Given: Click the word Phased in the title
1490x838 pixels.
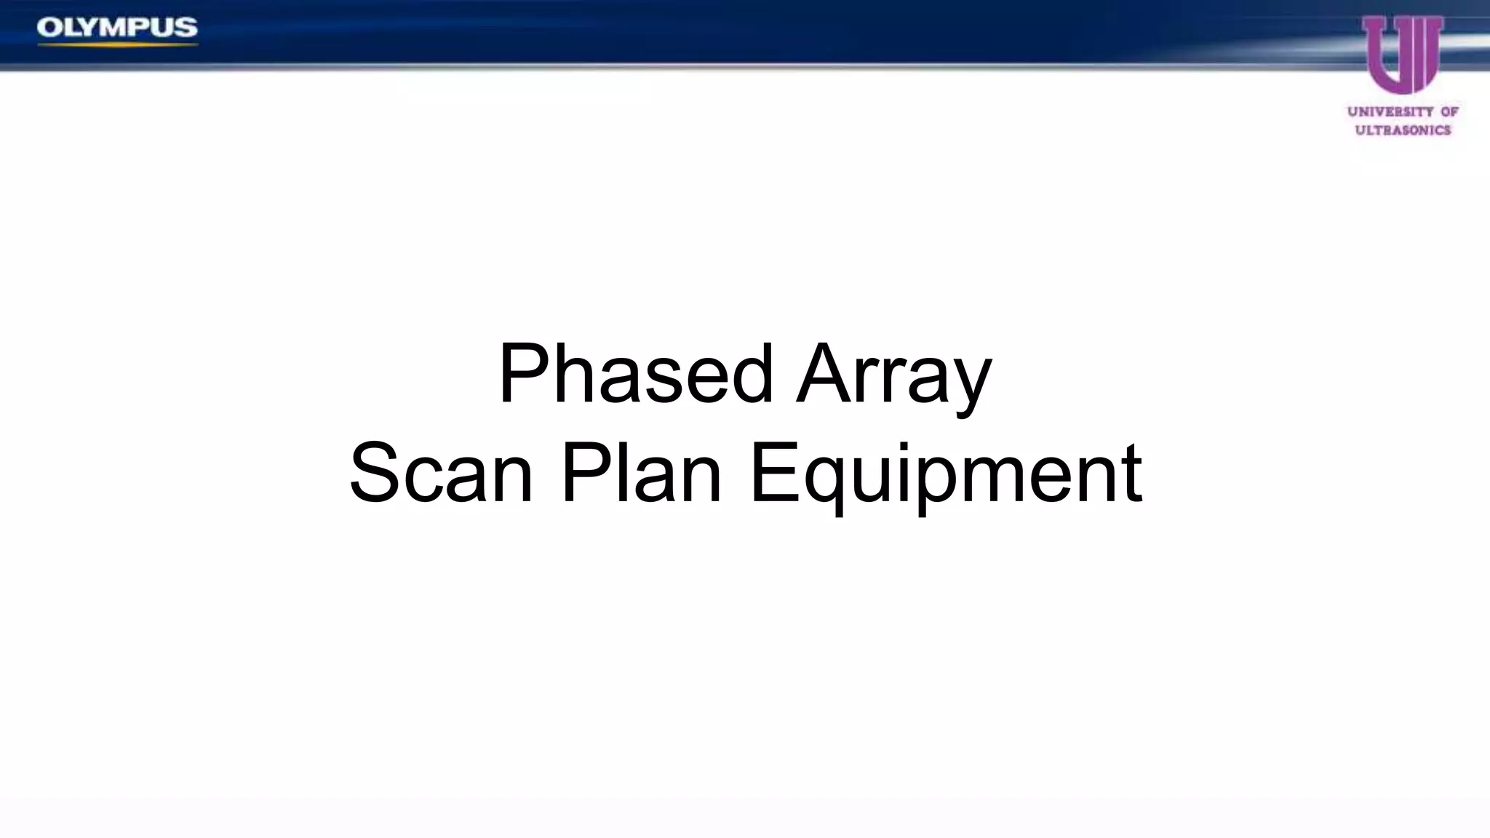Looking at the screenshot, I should (x=634, y=375).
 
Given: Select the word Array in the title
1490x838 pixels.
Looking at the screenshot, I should (x=893, y=375).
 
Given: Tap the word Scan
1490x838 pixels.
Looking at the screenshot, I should (x=441, y=474).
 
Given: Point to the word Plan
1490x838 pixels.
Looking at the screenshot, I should (x=641, y=474).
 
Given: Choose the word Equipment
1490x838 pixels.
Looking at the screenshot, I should (x=945, y=474).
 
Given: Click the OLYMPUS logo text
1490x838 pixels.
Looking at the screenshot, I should (x=117, y=28).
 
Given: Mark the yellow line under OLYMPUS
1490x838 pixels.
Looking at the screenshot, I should (x=117, y=45).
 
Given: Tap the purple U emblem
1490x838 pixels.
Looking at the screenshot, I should (x=1402, y=55).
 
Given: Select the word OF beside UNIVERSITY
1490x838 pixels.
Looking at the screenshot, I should (x=1449, y=112).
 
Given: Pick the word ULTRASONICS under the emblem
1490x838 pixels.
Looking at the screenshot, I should (x=1403, y=130).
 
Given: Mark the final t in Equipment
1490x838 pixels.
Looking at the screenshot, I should (x=1131, y=474).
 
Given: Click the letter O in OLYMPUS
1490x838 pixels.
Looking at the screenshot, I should (x=49, y=28).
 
